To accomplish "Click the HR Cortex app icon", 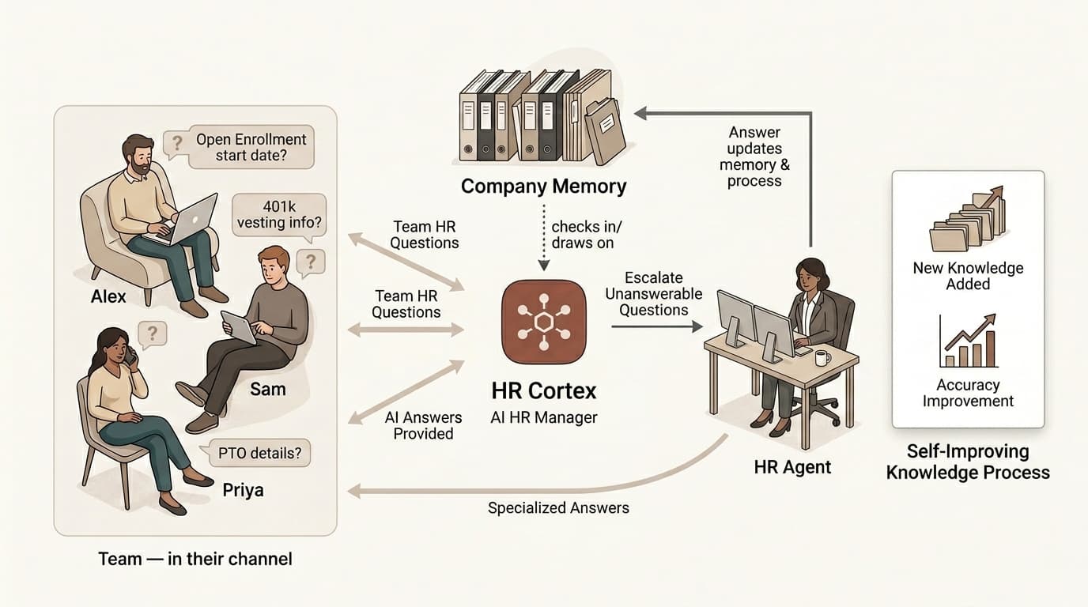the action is pos(543,322).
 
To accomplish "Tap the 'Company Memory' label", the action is pos(543,186).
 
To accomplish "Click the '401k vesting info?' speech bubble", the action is pos(279,215).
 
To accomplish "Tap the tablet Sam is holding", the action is pos(239,327).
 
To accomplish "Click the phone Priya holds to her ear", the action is pos(131,358).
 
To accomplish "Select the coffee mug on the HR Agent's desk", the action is pos(822,358).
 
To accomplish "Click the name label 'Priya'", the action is pos(243,490).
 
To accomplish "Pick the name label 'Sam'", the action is pos(267,389).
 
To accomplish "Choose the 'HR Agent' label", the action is pos(792,467).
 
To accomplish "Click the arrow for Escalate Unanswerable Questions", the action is pos(657,326).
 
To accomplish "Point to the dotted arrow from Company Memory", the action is pos(543,237).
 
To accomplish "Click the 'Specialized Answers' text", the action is pos(558,508).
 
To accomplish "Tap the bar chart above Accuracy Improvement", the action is pos(968,341).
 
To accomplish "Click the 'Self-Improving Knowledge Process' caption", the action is pos(968,462).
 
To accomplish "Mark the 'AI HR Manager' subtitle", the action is pos(543,417).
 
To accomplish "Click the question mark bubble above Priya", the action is pos(152,334).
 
